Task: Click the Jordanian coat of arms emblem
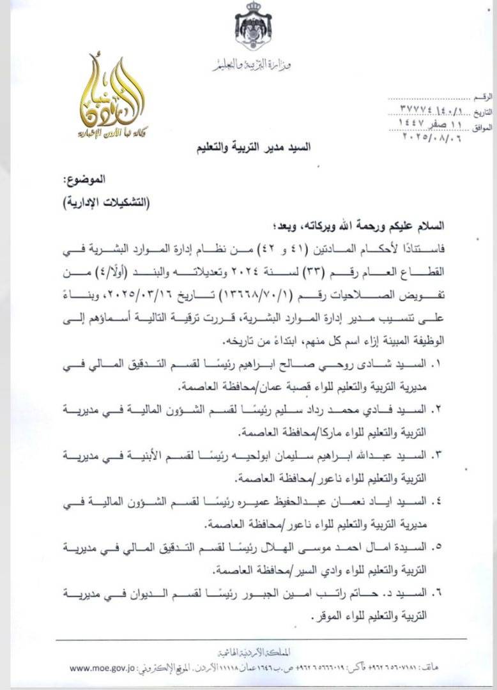coord(254,26)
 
